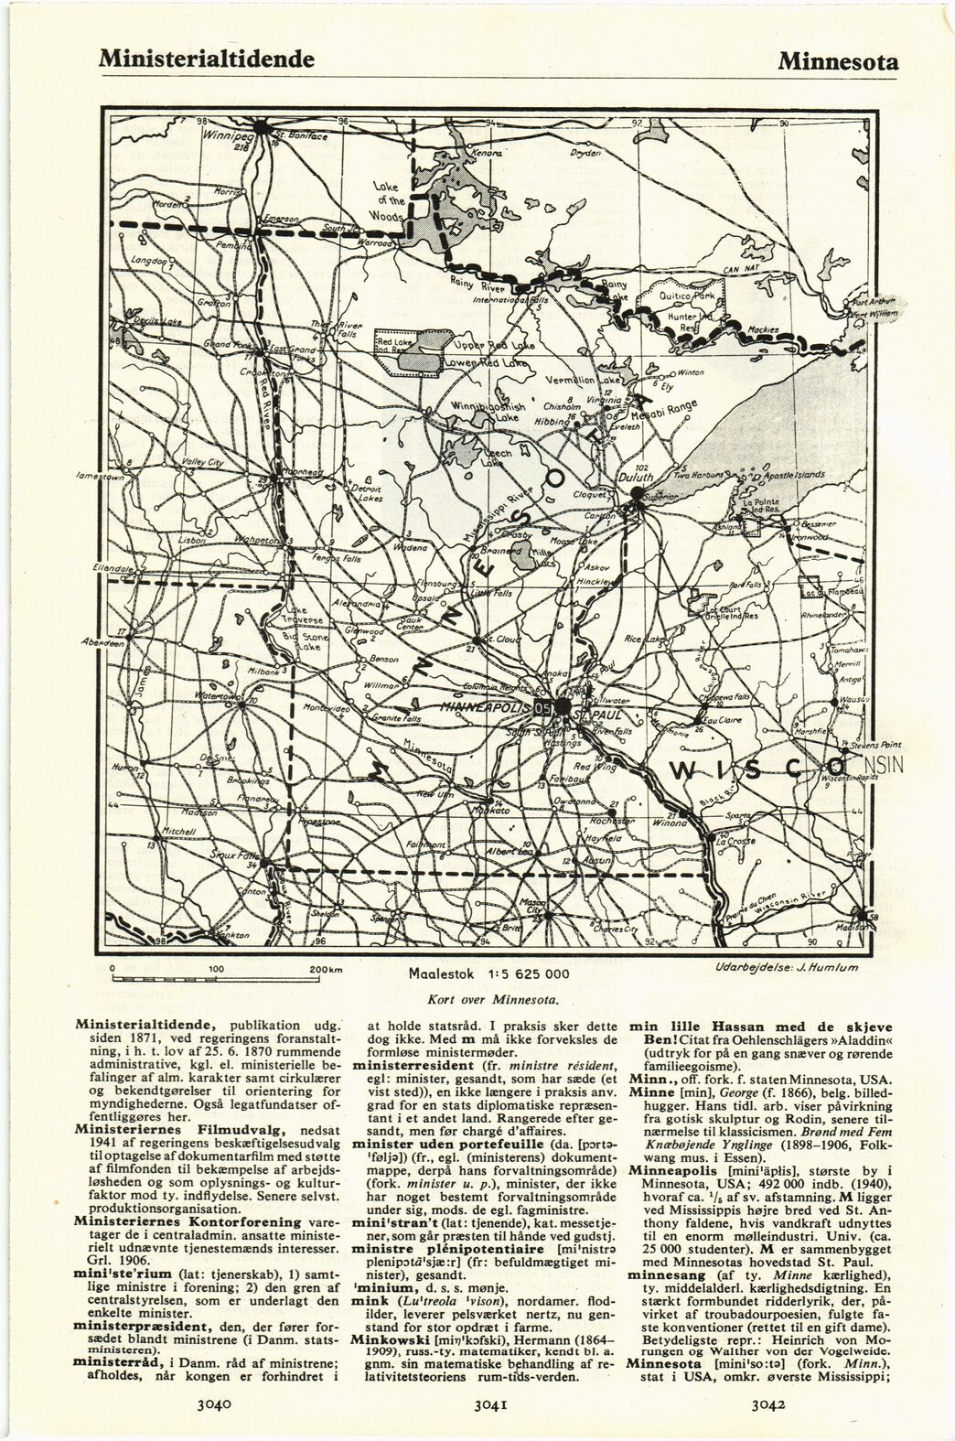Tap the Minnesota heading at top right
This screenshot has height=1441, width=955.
[838, 61]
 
